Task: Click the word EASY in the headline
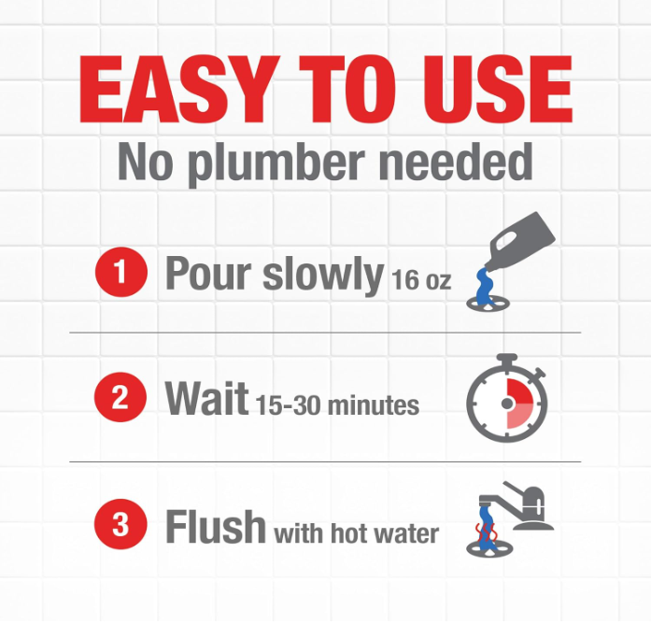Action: click(173, 89)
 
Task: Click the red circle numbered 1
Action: click(121, 272)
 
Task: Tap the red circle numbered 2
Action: click(120, 397)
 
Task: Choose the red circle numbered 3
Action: click(120, 523)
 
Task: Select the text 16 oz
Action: click(420, 279)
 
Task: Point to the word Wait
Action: click(206, 397)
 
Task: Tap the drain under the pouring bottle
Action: click(488, 304)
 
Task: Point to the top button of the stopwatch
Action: click(506, 360)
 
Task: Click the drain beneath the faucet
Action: click(490, 549)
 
